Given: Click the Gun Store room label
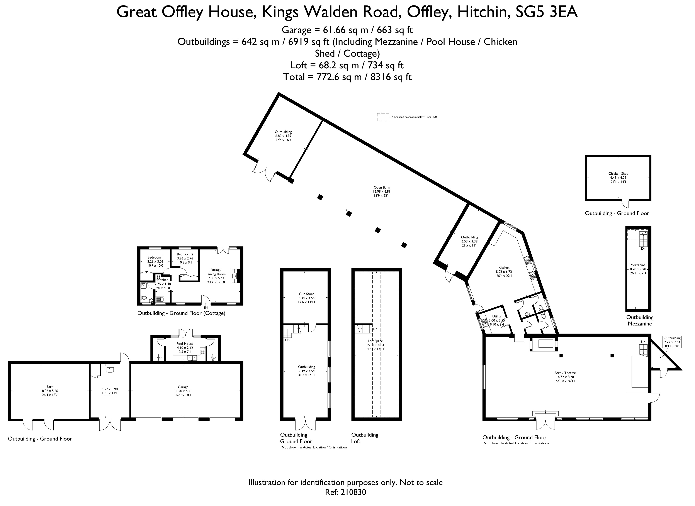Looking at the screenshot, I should pos(306,294).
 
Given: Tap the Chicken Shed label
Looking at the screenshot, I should pos(618,174).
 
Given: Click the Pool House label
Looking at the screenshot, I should pos(185,344).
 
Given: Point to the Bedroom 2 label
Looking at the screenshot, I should pos(185,254).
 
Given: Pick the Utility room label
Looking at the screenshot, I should pos(496,316).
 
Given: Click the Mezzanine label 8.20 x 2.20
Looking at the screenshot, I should pos(638,269).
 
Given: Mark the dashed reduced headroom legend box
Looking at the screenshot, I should pos(383,117).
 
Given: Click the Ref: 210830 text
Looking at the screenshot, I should pos(345,492).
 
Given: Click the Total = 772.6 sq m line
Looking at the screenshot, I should pos(347,77).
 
